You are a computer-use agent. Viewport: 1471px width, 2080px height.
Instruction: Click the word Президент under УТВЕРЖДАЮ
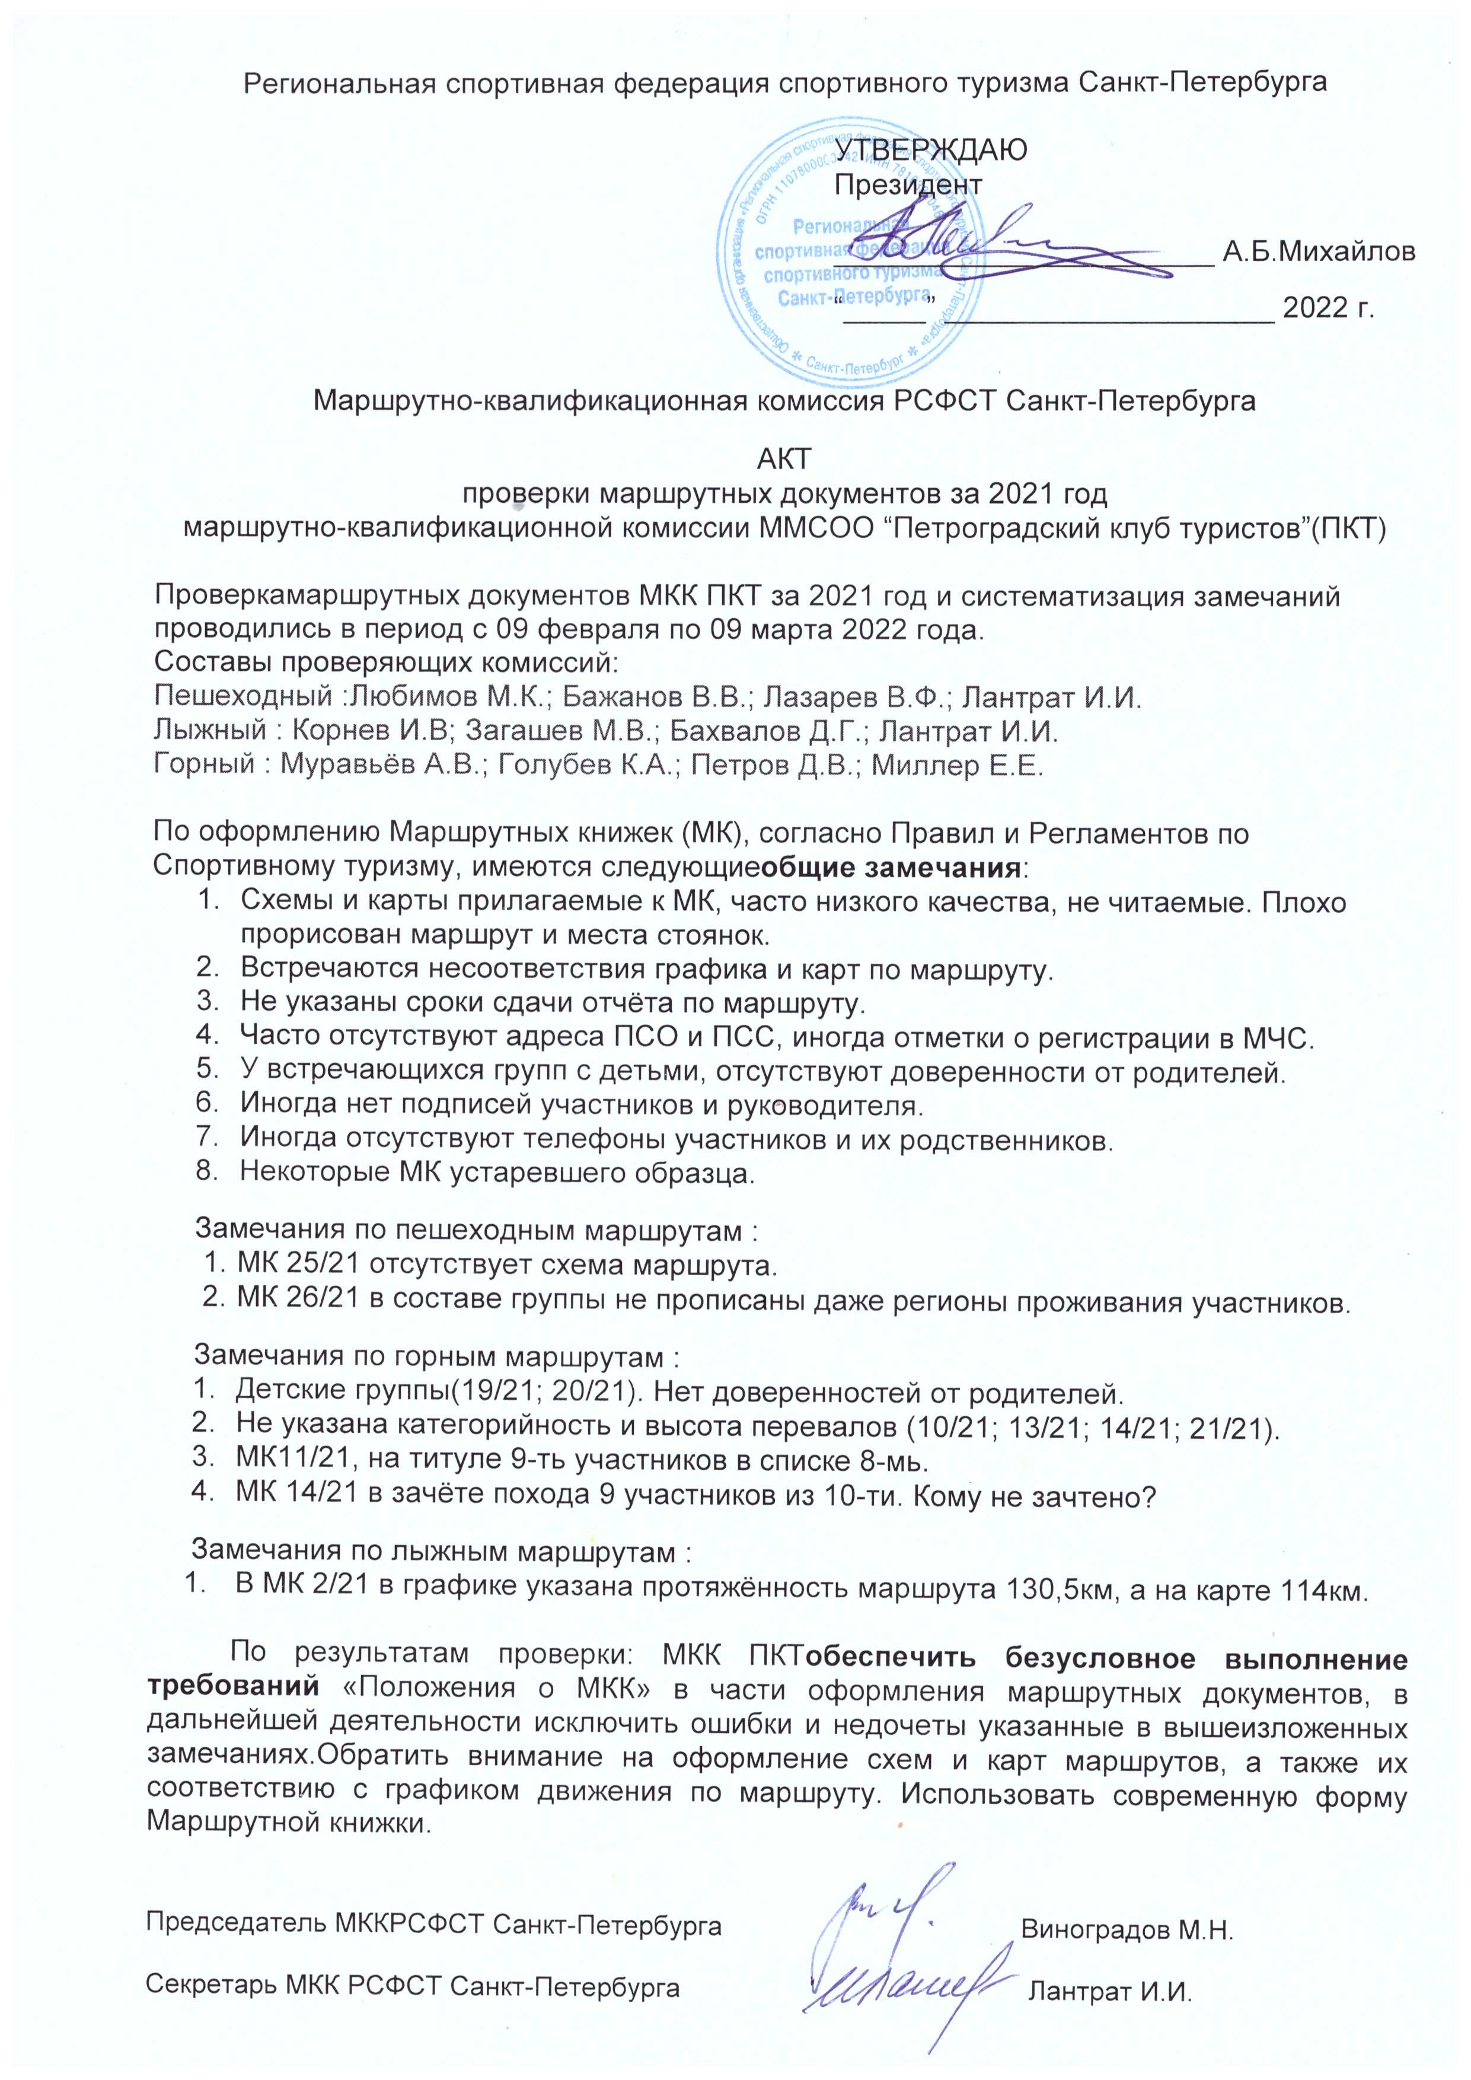pos(908,185)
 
